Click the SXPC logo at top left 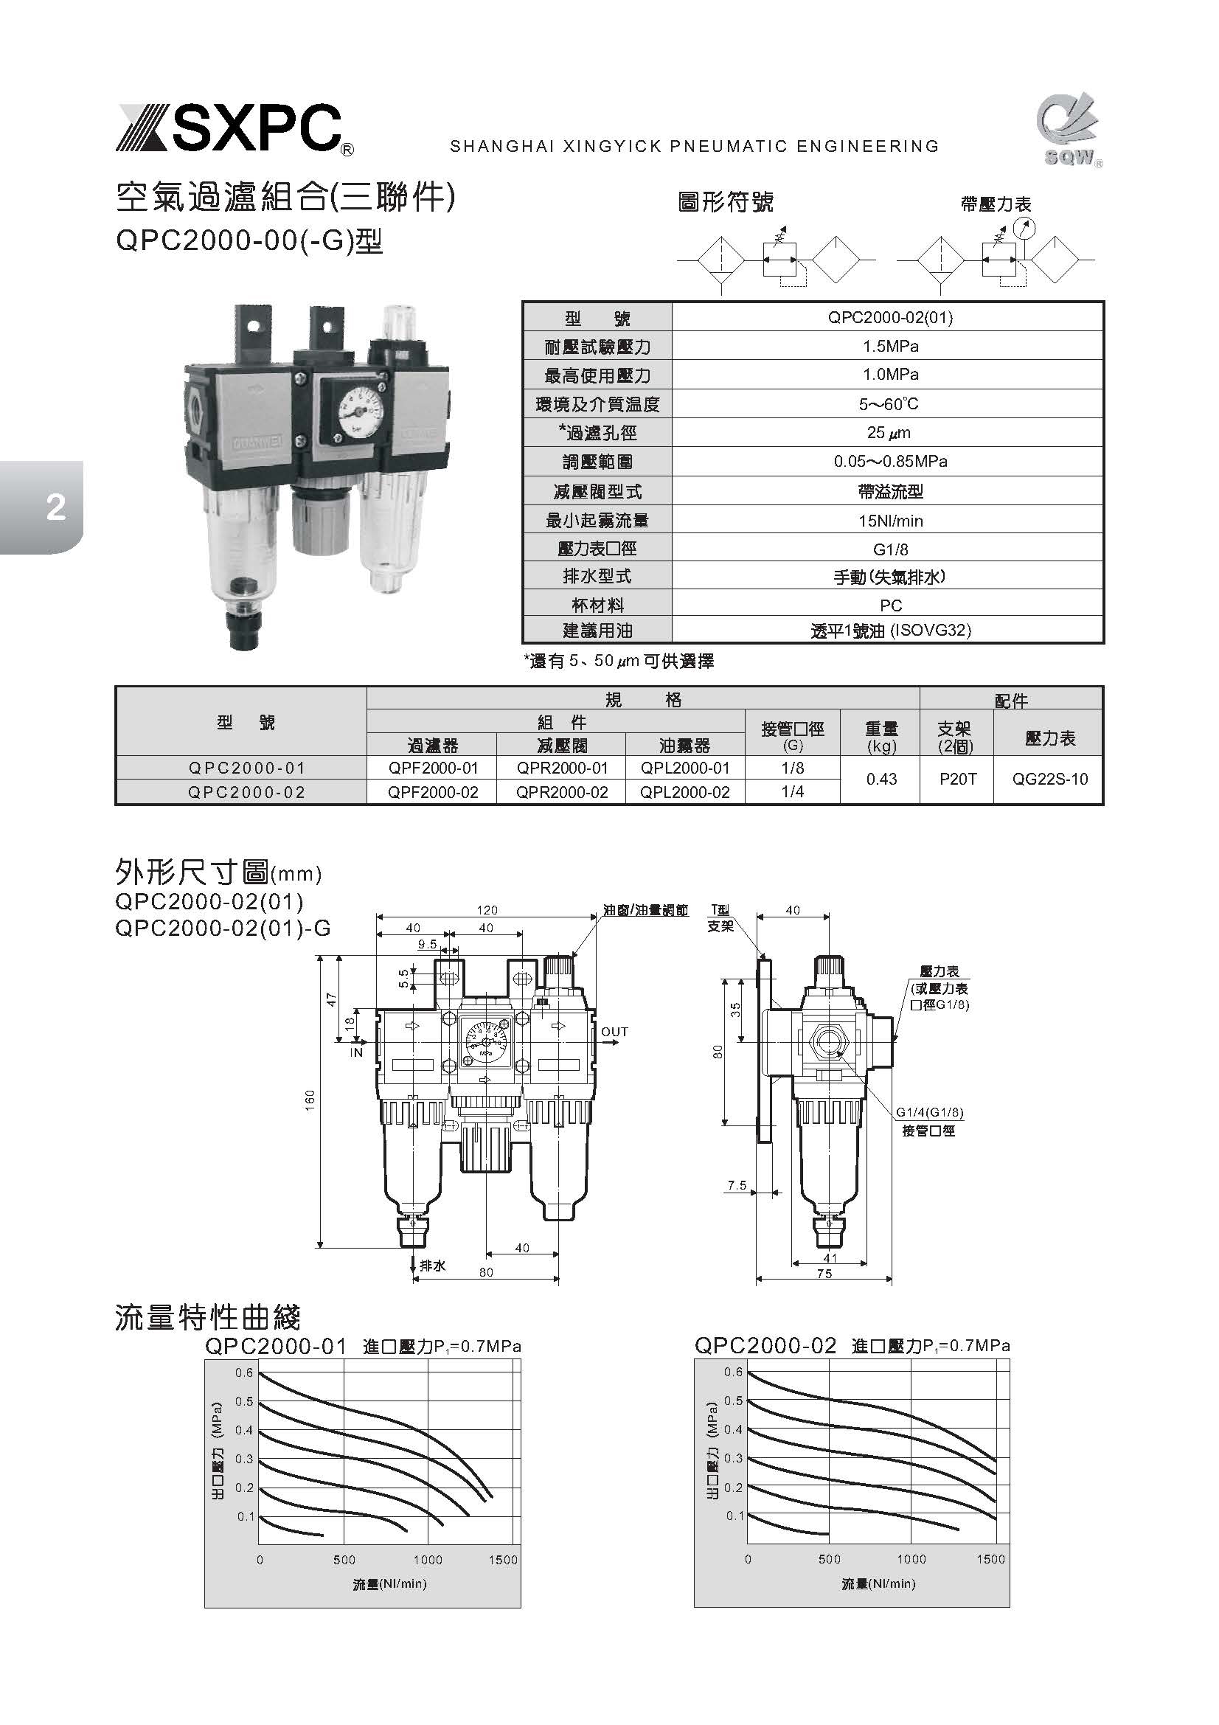(234, 130)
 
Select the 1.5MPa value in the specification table (890, 347)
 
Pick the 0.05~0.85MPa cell (890, 461)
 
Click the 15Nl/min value (890, 521)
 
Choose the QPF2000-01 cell (433, 768)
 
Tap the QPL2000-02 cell (685, 792)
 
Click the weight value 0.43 (881, 779)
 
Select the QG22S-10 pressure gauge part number (1049, 779)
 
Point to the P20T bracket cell (958, 779)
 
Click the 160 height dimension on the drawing (310, 1099)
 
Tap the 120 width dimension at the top (487, 910)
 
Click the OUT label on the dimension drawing (614, 1032)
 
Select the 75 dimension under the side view (824, 1274)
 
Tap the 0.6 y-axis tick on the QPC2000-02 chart (733, 1372)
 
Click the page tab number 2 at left (55, 509)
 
